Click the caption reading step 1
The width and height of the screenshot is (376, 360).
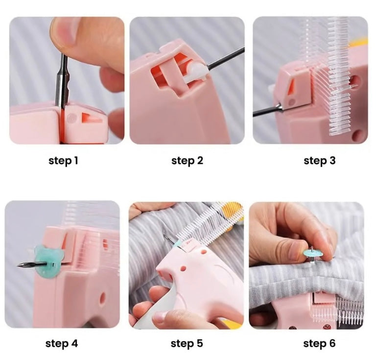pyautogui.click(x=63, y=161)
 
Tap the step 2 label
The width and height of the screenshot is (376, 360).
pyautogui.click(x=188, y=161)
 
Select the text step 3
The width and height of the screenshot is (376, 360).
pyautogui.click(x=319, y=161)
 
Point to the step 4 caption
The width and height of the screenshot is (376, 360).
pyautogui.click(x=62, y=343)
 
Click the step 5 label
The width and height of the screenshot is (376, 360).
pyautogui.click(x=187, y=343)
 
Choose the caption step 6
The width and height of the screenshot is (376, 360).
pyautogui.click(x=319, y=343)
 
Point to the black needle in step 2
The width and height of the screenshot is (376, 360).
pyautogui.click(x=225, y=58)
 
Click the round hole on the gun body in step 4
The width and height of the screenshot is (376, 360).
pyautogui.click(x=103, y=298)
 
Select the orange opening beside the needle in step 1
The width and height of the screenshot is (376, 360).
pyautogui.click(x=91, y=118)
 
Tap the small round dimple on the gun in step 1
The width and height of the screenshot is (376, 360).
pyautogui.click(x=72, y=118)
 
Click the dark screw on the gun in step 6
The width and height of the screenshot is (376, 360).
pyautogui.click(x=327, y=326)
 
